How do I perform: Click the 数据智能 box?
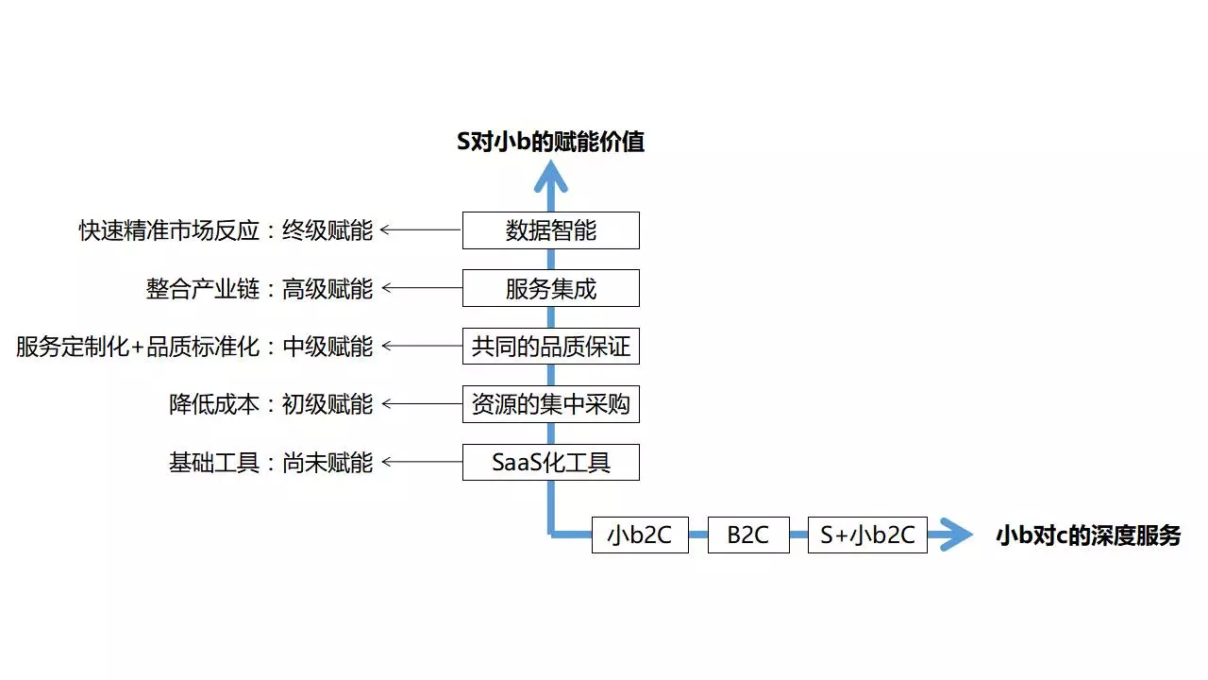coord(550,230)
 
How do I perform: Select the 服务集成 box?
coord(550,288)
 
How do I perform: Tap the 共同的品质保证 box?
coord(550,347)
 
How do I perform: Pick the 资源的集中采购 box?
coord(550,404)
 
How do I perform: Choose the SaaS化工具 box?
coord(550,462)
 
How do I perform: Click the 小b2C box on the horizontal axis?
coord(640,535)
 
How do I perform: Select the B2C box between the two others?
coord(748,535)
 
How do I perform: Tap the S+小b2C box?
coord(867,535)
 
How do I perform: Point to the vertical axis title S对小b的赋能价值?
coord(550,143)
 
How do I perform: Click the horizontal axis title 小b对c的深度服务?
coord(1088,535)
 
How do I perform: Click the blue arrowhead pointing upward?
coord(550,175)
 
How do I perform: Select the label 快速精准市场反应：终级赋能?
coord(226,230)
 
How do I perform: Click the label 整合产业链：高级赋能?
coord(260,289)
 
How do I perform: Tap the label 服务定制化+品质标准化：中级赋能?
coord(194,347)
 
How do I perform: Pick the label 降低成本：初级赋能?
coord(271,404)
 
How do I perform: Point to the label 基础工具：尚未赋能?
coord(271,463)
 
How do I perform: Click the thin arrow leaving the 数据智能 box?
coord(421,229)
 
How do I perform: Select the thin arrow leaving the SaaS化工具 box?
coord(421,462)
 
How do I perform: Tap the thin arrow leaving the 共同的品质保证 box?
coord(421,347)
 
